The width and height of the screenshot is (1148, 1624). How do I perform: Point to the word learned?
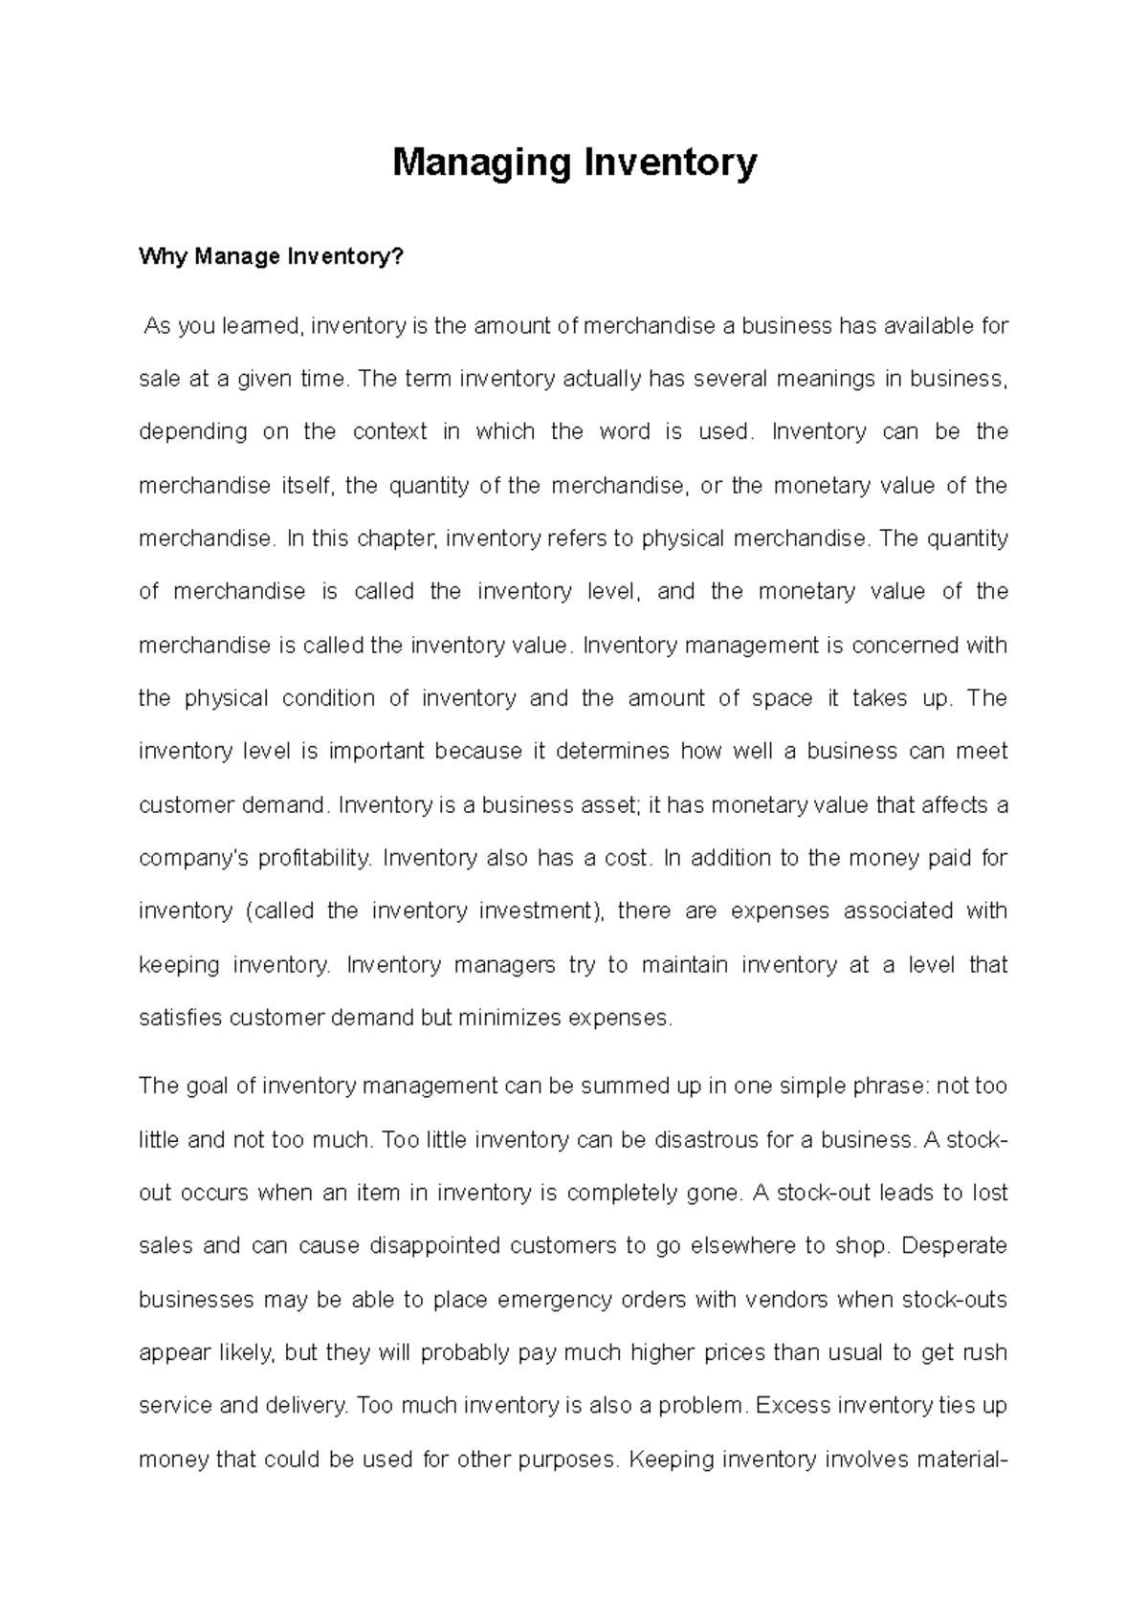[x=261, y=326]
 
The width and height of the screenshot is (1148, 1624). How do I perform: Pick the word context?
[x=389, y=432]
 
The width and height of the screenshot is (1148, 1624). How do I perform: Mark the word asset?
[x=608, y=805]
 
